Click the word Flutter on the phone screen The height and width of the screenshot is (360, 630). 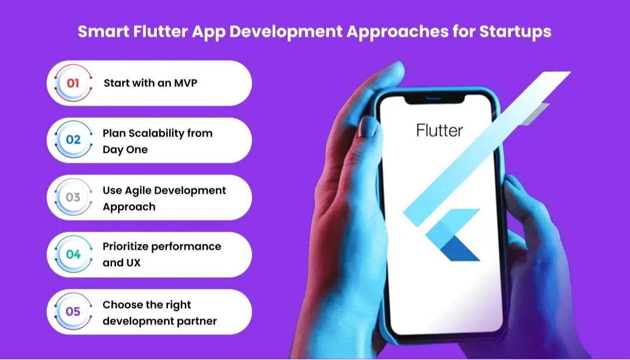439,130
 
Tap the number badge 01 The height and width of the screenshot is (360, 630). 73,83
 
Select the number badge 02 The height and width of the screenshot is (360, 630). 73,140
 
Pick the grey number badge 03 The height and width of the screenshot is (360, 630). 73,197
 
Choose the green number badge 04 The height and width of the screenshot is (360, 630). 73,254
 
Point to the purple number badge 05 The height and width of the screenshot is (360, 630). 73,312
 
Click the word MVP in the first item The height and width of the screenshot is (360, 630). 185,83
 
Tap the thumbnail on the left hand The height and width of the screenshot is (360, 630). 367,127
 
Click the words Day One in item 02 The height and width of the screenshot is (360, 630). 125,149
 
